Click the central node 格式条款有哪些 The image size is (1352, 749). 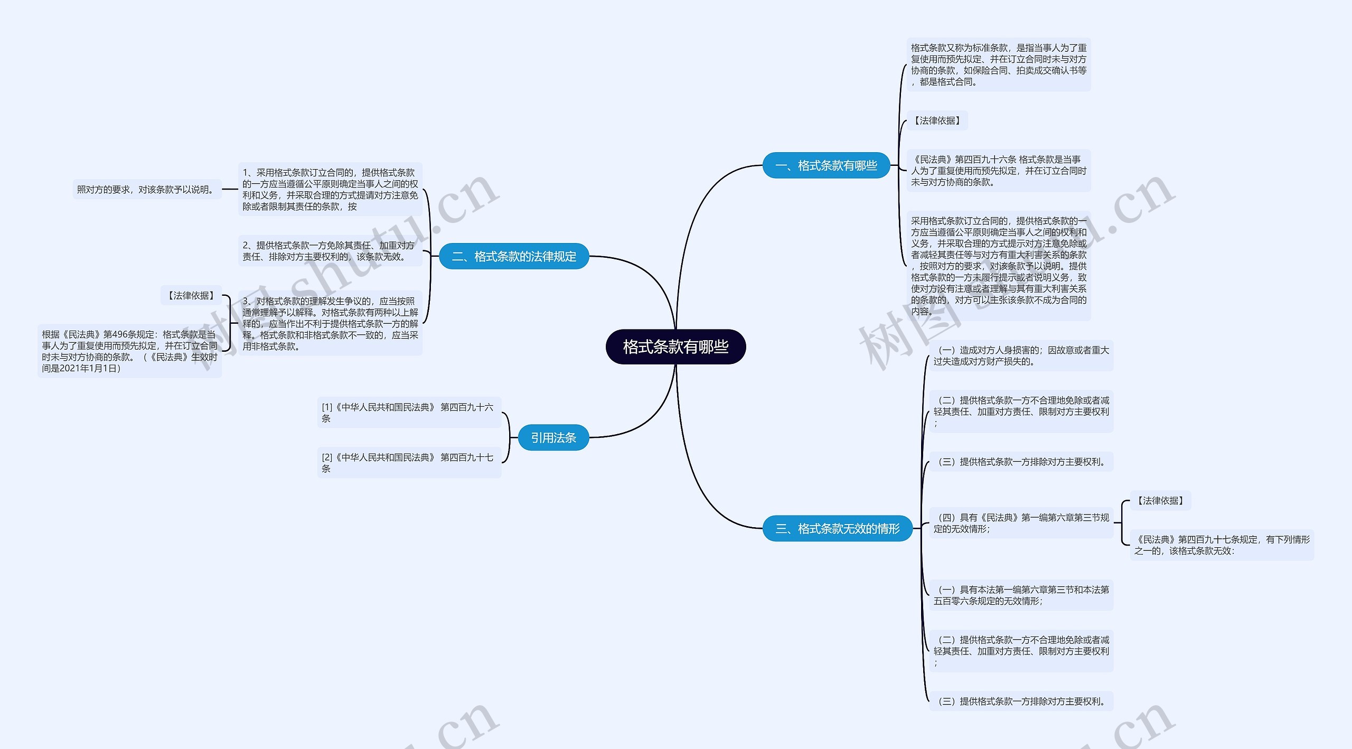[x=675, y=347]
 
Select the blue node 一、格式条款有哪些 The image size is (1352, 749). [x=826, y=165]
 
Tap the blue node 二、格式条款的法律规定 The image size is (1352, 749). [x=514, y=256]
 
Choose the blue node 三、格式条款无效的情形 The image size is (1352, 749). [x=837, y=528]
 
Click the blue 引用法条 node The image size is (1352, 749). [x=553, y=437]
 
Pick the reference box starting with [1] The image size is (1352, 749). [x=409, y=413]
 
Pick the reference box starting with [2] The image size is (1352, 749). [x=409, y=463]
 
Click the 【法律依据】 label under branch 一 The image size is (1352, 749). [x=937, y=120]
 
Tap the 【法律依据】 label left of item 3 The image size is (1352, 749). [x=191, y=295]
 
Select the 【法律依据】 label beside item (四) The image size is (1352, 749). [x=1160, y=500]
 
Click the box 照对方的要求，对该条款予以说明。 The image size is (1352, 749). [x=147, y=189]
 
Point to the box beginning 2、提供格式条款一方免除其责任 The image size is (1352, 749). [x=330, y=251]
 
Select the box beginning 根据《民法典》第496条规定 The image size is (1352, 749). [x=129, y=351]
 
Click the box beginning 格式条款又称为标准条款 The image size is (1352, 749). [x=999, y=64]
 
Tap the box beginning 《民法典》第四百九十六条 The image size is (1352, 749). [x=999, y=171]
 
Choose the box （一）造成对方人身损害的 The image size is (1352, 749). [x=1021, y=355]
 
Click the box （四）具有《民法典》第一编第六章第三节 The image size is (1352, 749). [x=1021, y=523]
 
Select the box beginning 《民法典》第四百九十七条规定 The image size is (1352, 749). [x=1222, y=545]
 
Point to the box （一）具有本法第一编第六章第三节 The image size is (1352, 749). [x=1021, y=595]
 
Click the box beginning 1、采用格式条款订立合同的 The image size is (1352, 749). [x=330, y=189]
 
